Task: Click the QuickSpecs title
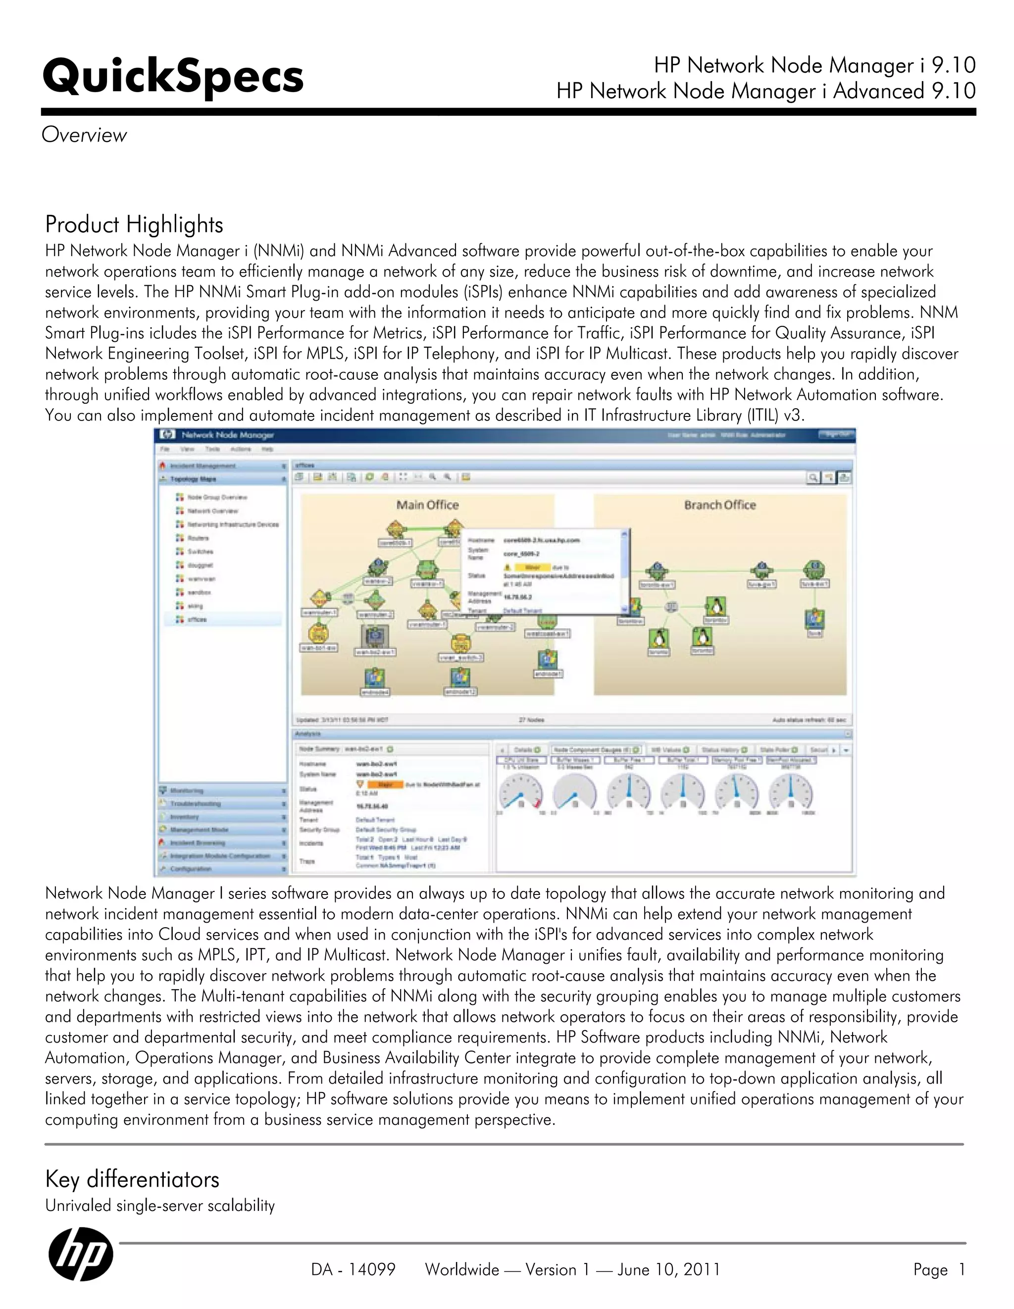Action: (x=173, y=77)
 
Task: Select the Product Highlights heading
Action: (x=134, y=225)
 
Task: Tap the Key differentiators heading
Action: (x=132, y=1179)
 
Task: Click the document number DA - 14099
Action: (x=353, y=1269)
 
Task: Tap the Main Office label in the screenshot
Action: (x=427, y=505)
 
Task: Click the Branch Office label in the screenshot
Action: (x=720, y=505)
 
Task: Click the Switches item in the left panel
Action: (x=200, y=551)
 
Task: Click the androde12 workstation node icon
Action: (x=459, y=677)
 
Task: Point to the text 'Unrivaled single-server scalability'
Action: (x=159, y=1205)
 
